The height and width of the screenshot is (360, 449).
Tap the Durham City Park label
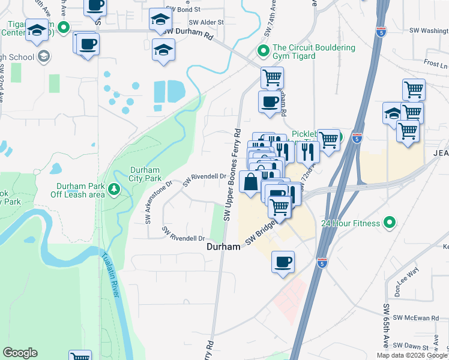pyautogui.click(x=145, y=174)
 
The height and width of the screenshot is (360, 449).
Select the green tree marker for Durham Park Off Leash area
pyautogui.click(x=113, y=190)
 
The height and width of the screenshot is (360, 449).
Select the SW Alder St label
pyautogui.click(x=206, y=22)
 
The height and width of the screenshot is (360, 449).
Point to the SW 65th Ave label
pyautogui.click(x=386, y=325)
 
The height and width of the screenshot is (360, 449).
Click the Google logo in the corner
pyautogui.click(x=20, y=353)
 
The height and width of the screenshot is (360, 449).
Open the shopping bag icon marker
pyautogui.click(x=250, y=182)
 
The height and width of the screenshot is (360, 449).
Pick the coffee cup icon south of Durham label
pyautogui.click(x=283, y=262)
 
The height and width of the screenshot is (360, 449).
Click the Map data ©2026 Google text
pyautogui.click(x=411, y=355)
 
